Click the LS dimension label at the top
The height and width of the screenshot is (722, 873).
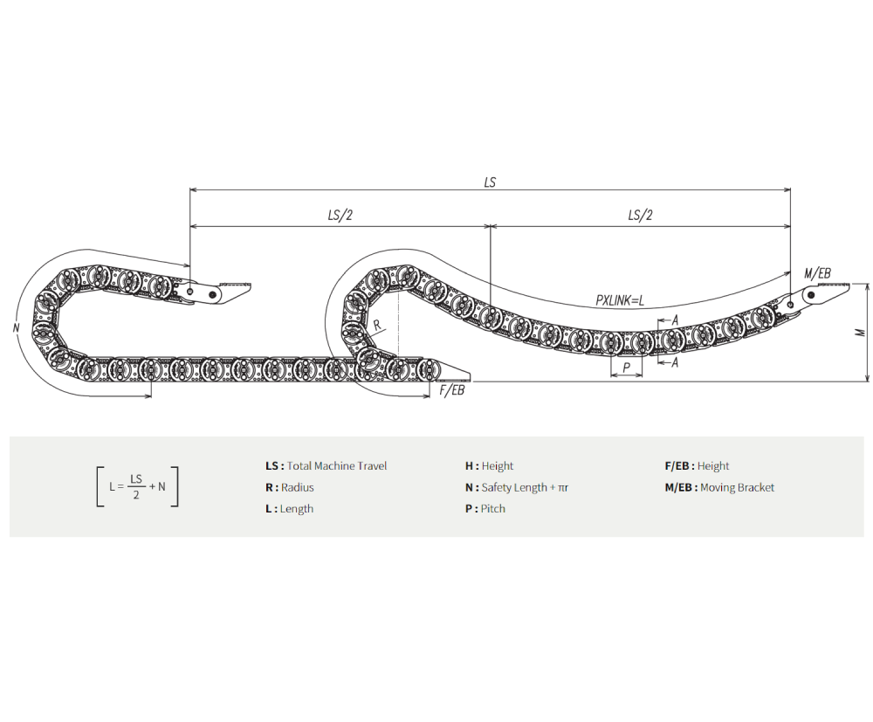(490, 182)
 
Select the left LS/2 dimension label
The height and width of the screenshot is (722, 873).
(340, 215)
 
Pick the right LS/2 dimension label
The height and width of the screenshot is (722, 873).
(640, 215)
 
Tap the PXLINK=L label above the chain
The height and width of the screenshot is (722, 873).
(620, 300)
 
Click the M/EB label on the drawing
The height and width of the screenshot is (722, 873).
(817, 273)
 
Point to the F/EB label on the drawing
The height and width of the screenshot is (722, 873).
(451, 390)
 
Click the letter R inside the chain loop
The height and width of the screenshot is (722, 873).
(377, 324)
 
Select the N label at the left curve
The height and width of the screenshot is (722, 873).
(16, 328)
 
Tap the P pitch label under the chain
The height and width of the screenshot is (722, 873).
(626, 368)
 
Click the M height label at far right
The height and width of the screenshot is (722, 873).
(861, 333)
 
